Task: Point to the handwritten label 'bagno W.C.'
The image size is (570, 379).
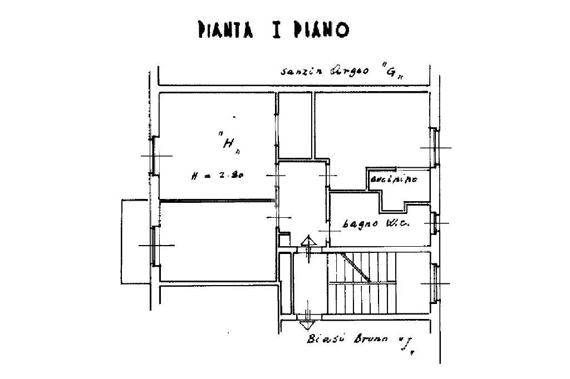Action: click(x=376, y=224)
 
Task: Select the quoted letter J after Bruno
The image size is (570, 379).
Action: click(x=408, y=346)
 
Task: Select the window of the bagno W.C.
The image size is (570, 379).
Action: click(x=434, y=222)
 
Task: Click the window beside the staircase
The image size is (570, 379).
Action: click(x=434, y=283)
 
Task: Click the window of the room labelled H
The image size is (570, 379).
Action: click(x=155, y=156)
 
